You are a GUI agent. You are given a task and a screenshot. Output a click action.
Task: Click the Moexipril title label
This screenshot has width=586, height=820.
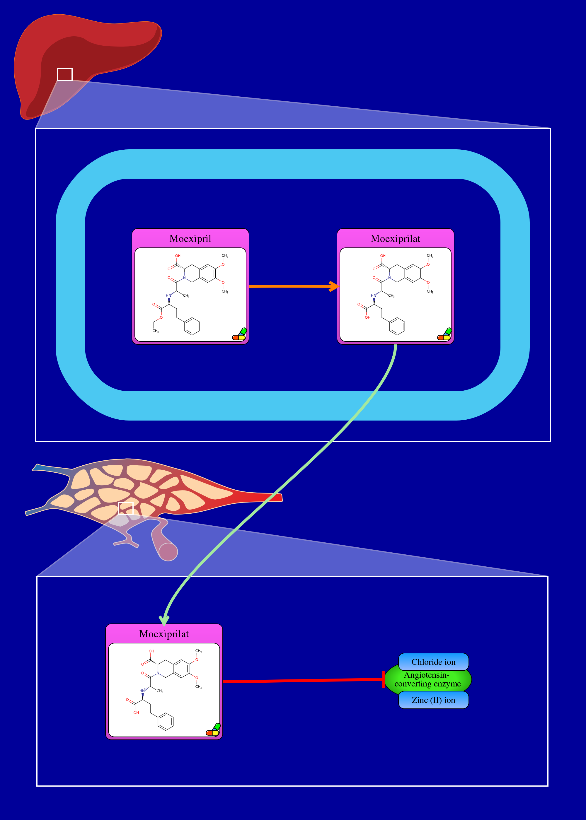pos(190,239)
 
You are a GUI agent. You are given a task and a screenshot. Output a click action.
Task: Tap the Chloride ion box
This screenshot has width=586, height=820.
pos(433,662)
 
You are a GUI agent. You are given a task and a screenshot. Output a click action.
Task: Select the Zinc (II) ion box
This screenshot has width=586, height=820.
pos(433,700)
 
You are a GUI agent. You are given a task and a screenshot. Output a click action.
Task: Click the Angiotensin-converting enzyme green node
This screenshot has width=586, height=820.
pos(427,679)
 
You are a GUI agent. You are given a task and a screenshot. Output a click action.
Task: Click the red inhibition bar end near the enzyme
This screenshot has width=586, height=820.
pos(384,679)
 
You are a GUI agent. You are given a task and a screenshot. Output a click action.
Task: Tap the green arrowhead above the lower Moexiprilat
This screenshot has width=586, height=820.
pos(164,620)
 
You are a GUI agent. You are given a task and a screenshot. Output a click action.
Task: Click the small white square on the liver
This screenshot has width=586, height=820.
pos(64,74)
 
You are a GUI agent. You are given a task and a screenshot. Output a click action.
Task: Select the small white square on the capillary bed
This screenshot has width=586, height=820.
pos(126,508)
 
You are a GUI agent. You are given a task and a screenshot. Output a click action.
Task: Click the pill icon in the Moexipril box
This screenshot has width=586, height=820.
pos(240,334)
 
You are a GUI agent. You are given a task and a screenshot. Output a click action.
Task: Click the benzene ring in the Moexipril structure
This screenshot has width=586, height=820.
pos(192,326)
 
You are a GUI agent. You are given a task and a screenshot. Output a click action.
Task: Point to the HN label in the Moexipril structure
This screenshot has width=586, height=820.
pos(168,295)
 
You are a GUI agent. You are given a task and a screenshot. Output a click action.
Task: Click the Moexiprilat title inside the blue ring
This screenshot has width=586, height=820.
pos(396,239)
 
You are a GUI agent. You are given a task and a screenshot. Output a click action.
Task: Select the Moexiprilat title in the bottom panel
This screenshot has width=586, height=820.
pos(164,634)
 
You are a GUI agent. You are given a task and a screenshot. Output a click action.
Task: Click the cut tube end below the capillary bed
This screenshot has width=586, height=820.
pos(168,552)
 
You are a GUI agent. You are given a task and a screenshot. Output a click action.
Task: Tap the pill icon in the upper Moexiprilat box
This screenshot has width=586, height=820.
pos(444,334)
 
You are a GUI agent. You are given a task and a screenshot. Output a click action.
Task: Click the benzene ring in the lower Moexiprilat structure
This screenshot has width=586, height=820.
pos(166,722)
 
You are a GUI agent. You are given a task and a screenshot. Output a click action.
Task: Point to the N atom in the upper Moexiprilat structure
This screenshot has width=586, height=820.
pos(389,278)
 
